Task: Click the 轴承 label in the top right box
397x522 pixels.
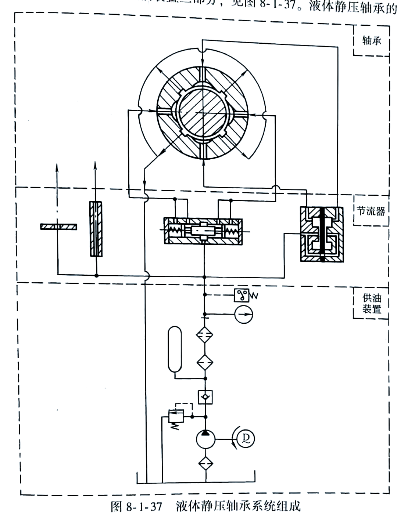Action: click(x=371, y=40)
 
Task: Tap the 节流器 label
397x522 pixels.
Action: click(x=371, y=211)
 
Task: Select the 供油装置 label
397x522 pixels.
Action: click(x=372, y=304)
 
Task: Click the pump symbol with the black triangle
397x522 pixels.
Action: click(x=205, y=439)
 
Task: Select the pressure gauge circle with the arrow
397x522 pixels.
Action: click(x=244, y=314)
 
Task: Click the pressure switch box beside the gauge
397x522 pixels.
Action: click(x=242, y=295)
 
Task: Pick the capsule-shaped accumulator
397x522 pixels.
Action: click(x=175, y=349)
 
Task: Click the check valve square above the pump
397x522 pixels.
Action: click(x=205, y=397)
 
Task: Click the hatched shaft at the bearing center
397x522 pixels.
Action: click(x=202, y=112)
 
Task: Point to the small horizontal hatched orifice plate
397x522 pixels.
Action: click(x=58, y=226)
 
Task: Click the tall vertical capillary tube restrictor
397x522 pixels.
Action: click(x=96, y=229)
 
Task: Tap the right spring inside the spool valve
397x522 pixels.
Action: click(x=232, y=231)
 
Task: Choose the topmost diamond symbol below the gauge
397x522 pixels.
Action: click(x=205, y=334)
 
